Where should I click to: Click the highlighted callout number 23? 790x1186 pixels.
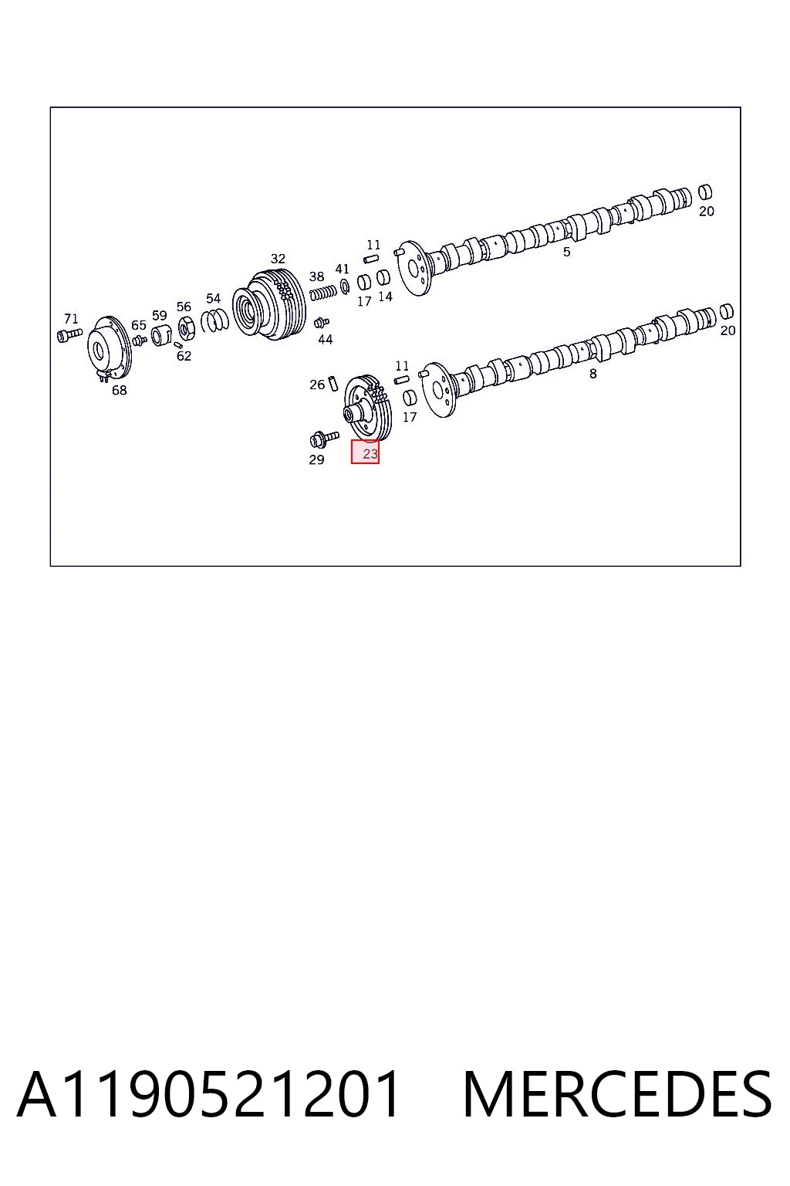click(370, 454)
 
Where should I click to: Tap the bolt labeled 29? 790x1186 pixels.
click(323, 439)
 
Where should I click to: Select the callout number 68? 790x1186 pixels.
click(119, 390)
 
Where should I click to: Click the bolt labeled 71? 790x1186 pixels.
click(69, 334)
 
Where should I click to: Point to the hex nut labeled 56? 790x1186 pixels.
click(187, 329)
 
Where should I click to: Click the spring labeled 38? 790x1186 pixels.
click(322, 292)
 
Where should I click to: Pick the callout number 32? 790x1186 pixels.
click(278, 259)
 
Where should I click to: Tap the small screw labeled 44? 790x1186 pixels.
click(321, 322)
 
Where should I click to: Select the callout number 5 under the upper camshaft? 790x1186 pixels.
click(567, 252)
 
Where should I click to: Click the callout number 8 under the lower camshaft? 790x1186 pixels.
click(593, 374)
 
